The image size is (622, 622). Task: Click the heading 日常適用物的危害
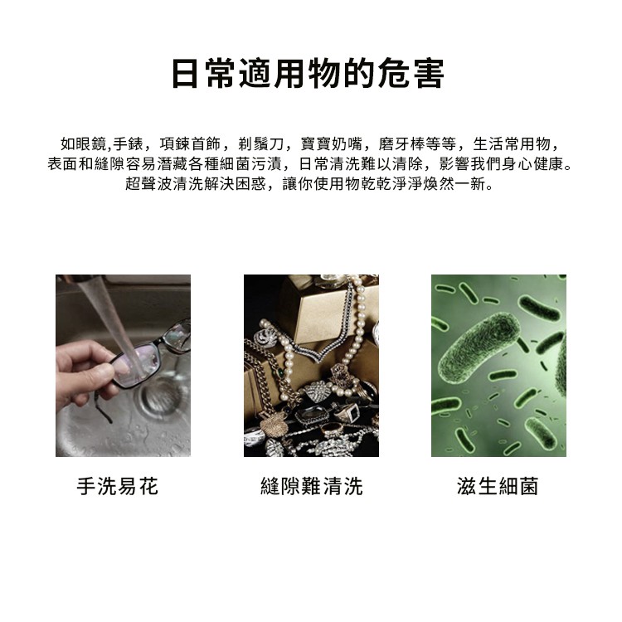[x=309, y=74]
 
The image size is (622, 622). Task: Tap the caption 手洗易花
[x=118, y=486]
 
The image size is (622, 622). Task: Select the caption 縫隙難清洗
[x=311, y=486]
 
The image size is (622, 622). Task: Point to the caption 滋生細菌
[x=498, y=486]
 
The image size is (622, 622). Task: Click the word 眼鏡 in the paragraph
[x=91, y=144]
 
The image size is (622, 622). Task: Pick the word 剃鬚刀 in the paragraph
[x=261, y=144]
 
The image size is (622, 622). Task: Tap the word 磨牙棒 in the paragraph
[x=401, y=144]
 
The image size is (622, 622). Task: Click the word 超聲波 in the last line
[x=148, y=183]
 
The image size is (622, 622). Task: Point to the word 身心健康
[x=532, y=164]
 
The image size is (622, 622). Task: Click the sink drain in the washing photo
[x=158, y=396]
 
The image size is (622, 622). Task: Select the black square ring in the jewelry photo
[x=350, y=411]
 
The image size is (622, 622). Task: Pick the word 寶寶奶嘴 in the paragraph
[x=332, y=144]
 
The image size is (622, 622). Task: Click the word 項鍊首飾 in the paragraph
[x=191, y=144]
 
